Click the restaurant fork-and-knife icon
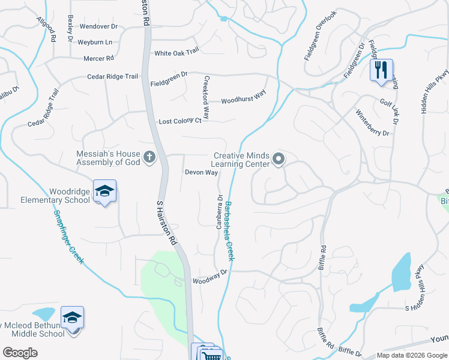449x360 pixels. [381, 70]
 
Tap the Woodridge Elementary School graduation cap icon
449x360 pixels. [105, 192]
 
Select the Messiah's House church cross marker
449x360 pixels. [149, 158]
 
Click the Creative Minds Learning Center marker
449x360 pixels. [278, 159]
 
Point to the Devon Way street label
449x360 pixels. [201, 172]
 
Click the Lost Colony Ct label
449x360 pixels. [179, 121]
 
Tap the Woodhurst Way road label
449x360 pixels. [243, 100]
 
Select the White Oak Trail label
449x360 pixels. [176, 53]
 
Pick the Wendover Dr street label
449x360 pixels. [98, 27]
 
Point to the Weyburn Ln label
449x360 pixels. [96, 43]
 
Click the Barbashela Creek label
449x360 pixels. [229, 230]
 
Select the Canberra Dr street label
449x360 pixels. [220, 213]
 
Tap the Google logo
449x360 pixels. [20, 353]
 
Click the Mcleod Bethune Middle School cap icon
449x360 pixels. [73, 318]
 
